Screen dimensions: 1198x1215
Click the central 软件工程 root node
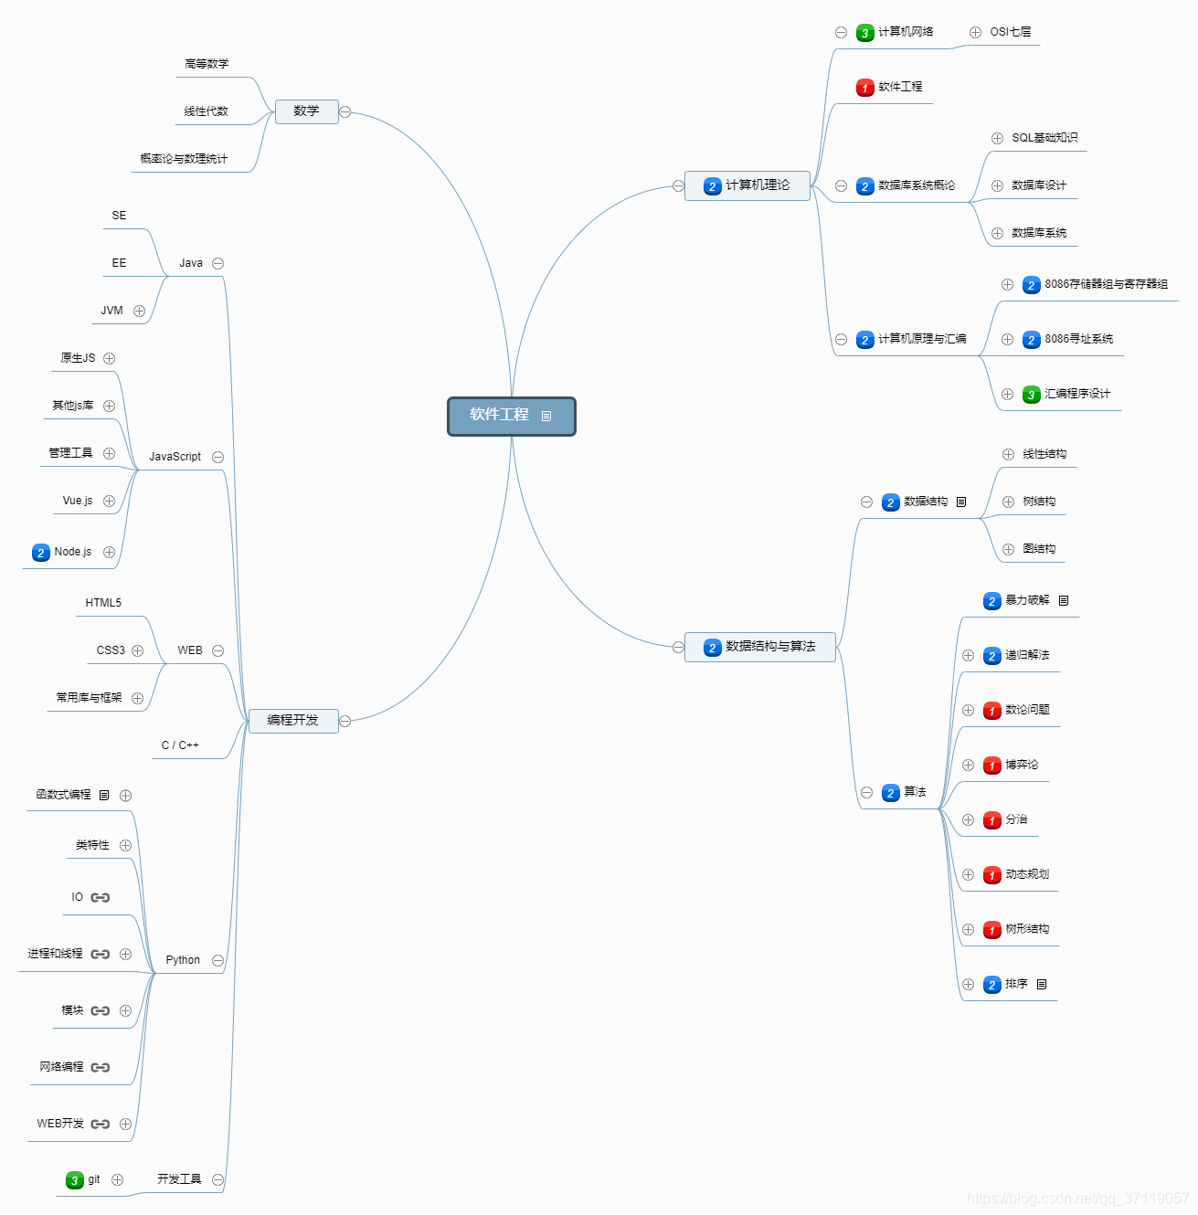pyautogui.click(x=511, y=416)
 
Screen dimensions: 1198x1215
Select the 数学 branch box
pyautogui.click(x=306, y=111)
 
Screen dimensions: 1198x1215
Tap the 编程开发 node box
pyautogui.click(x=293, y=721)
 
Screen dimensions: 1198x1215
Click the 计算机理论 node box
pyautogui.click(x=747, y=185)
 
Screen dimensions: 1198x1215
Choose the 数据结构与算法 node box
pyautogui.click(x=760, y=647)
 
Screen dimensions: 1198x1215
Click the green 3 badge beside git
pyautogui.click(x=75, y=1180)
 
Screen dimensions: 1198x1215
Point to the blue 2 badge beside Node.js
pyautogui.click(x=40, y=553)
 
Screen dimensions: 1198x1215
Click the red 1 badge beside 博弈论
pyautogui.click(x=992, y=766)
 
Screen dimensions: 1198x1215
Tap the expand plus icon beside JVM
pyautogui.click(x=139, y=311)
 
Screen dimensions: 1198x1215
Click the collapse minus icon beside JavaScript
pyautogui.click(x=217, y=457)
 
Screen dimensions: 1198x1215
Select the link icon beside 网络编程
pyautogui.click(x=101, y=1067)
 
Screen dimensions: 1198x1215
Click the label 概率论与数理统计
pyautogui.click(x=184, y=159)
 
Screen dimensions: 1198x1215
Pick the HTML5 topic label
pyautogui.click(x=103, y=603)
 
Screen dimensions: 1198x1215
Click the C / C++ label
pyautogui.click(x=180, y=745)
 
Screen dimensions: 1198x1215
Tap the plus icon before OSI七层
pyautogui.click(x=975, y=32)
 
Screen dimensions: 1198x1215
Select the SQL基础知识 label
pyautogui.click(x=1044, y=138)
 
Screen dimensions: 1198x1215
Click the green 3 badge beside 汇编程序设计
pyautogui.click(x=1032, y=395)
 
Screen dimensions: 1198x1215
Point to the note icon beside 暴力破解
pyautogui.click(x=1064, y=600)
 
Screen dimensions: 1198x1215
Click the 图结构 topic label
pyautogui.click(x=1039, y=549)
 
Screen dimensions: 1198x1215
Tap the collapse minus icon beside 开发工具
pyautogui.click(x=217, y=1179)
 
